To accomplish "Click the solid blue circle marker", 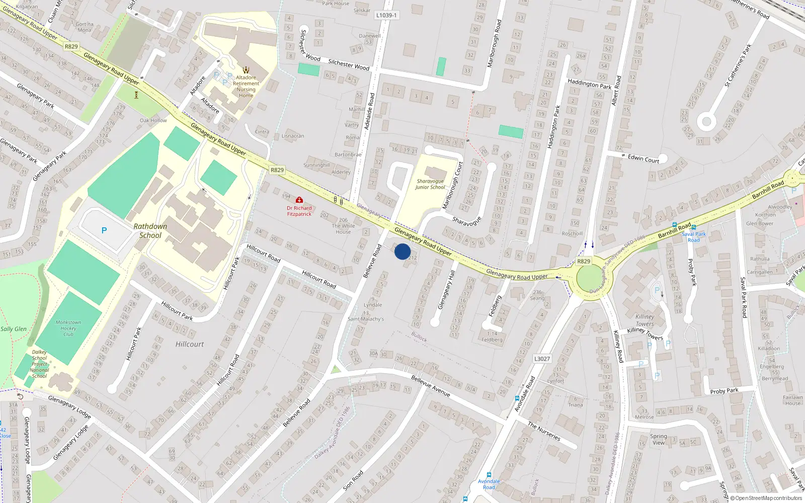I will point(403,251).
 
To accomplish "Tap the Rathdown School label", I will point(150,231).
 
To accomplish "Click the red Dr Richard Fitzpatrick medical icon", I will point(299,200).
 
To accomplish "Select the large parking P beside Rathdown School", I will point(104,230).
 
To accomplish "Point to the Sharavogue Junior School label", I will point(430,184).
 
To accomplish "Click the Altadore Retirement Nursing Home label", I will point(246,87).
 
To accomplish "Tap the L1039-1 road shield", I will point(386,15).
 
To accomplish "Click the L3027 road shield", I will point(542,359).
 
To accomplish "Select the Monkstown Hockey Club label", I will point(68,328).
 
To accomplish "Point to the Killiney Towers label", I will point(645,320).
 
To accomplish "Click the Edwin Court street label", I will point(643,158).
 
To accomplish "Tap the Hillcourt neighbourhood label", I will point(190,345).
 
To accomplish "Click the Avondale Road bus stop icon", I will point(489,475).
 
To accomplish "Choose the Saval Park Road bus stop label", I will point(694,237).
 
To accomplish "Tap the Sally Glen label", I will point(14,329).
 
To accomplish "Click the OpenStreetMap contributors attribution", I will point(766,498).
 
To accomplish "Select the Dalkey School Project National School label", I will point(39,364).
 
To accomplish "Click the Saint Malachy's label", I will point(366,319).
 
